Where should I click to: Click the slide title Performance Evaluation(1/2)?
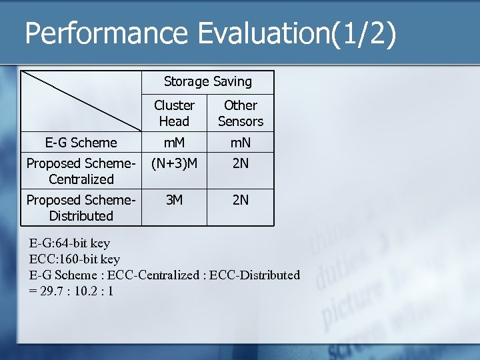pos(211,34)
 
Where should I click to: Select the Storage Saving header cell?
pos(207,82)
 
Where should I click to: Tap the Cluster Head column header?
pos(174,113)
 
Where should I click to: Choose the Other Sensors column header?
pos(241,113)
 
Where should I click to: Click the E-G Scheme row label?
pos(81,143)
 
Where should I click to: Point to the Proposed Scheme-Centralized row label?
pos(81,171)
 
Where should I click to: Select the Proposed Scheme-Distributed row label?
pos(81,208)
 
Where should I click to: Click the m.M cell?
pos(174,143)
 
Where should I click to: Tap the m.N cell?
pos(241,143)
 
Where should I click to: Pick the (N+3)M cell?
pos(174,163)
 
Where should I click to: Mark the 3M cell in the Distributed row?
pos(174,200)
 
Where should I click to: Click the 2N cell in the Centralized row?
pos(241,163)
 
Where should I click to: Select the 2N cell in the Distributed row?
pos(241,200)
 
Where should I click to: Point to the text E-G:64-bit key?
pos(70,243)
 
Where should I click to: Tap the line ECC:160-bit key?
pos(75,259)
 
